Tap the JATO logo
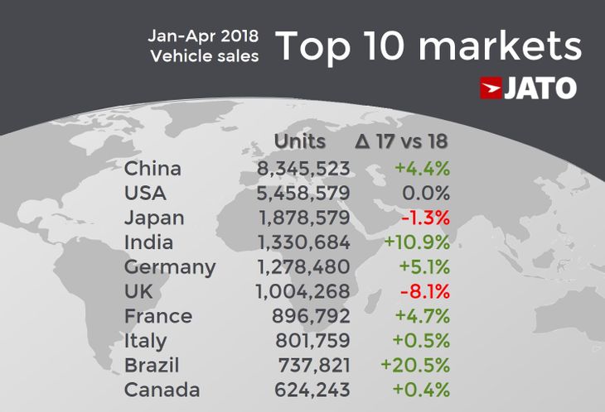pyautogui.click(x=528, y=89)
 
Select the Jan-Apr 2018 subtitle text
pyautogui.click(x=203, y=36)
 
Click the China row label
pyautogui.click(x=152, y=169)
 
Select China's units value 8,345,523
pyautogui.click(x=303, y=169)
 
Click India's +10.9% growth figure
pyautogui.click(x=416, y=243)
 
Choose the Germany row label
pyautogui.click(x=170, y=268)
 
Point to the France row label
pyautogui.click(x=158, y=316)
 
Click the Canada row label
pyautogui.click(x=162, y=390)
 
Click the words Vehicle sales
pyautogui.click(x=205, y=56)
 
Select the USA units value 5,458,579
pyautogui.click(x=303, y=194)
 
